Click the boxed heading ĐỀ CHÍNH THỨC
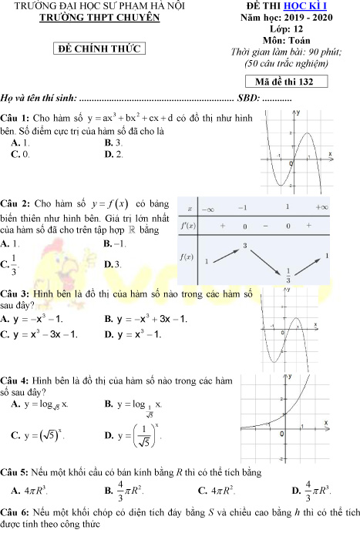103,49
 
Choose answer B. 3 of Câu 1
113,143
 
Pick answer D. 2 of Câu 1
113,154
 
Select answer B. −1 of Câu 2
114,243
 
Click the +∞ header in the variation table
321,208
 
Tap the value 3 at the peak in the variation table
244,246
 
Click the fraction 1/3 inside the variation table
288,274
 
